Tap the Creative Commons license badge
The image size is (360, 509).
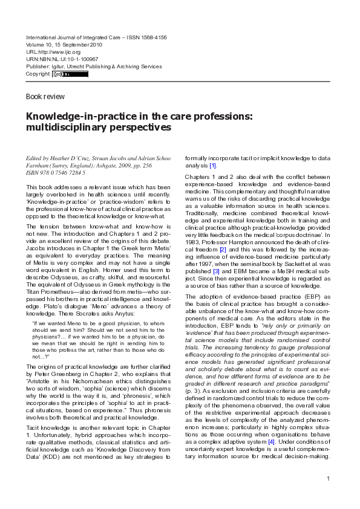tap(70, 74)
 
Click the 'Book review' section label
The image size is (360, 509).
tap(45, 97)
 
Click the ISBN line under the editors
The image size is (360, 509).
tap(55, 172)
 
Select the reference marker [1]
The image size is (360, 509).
tap(212, 166)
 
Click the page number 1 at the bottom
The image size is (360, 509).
tap(327, 479)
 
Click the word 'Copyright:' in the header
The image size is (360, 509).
tap(38, 74)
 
